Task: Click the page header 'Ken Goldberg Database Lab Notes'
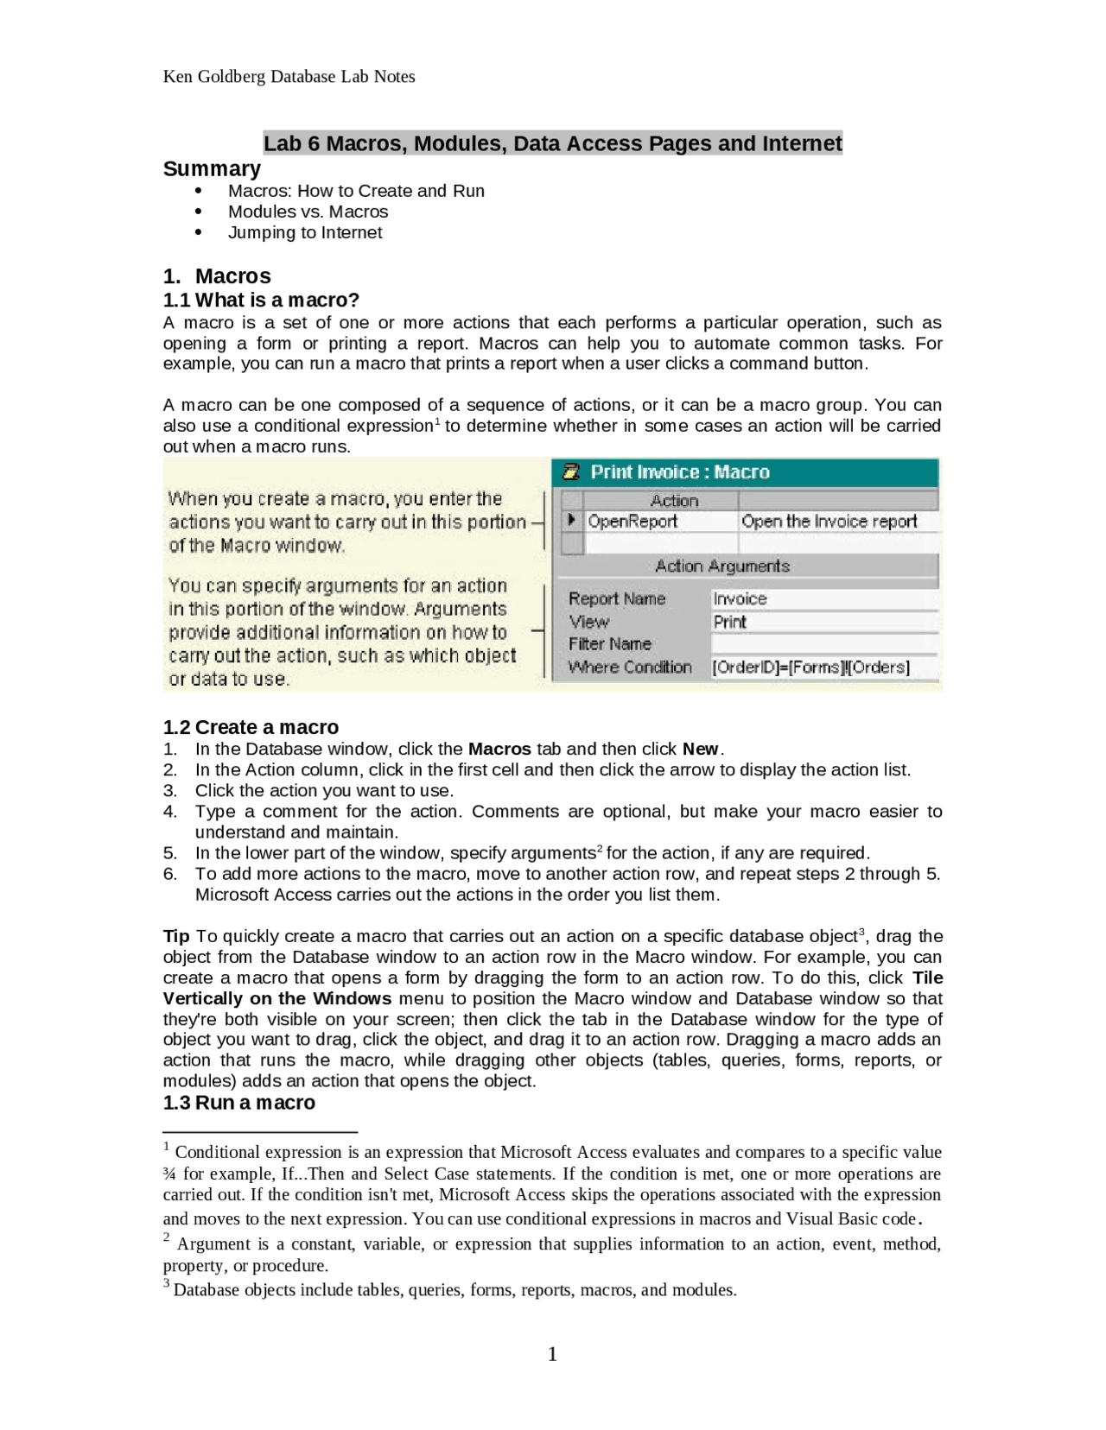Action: (x=289, y=77)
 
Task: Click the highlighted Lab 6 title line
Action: (x=552, y=143)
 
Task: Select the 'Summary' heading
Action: (x=212, y=168)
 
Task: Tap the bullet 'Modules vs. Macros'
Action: (x=308, y=212)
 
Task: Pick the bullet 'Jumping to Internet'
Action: (x=304, y=232)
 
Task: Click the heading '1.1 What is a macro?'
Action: (x=261, y=300)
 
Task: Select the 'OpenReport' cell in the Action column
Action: (x=632, y=522)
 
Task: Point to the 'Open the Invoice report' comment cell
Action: (x=829, y=522)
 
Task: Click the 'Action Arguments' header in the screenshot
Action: (x=722, y=566)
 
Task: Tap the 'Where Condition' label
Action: (x=630, y=668)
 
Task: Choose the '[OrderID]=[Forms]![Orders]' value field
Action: (x=810, y=668)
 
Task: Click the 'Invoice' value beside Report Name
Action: (x=740, y=599)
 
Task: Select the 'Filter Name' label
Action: (x=610, y=644)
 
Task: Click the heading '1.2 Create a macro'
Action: (x=251, y=727)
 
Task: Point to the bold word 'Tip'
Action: (x=176, y=936)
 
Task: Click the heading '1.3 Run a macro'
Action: (x=239, y=1103)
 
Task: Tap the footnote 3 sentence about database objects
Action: (x=454, y=1290)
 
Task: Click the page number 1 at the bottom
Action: (x=553, y=1354)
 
